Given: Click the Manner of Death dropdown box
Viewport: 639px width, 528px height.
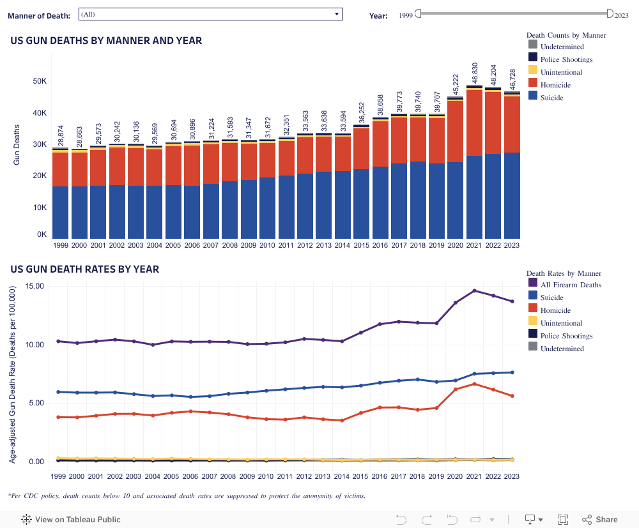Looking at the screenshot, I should (210, 14).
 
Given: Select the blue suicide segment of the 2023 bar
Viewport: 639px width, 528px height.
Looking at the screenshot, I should (512, 195).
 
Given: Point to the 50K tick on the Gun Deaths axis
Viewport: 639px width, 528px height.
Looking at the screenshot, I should (40, 82).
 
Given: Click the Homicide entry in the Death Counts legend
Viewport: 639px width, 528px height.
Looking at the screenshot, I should (555, 85).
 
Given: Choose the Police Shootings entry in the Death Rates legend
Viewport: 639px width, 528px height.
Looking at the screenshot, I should (566, 336).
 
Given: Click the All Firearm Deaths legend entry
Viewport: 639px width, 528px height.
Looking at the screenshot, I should (571, 285).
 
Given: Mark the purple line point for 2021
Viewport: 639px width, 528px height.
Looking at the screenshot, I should (474, 290).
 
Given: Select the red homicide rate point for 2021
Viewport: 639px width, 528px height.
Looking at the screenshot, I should (474, 384).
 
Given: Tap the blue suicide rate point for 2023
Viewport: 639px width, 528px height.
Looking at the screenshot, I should (512, 372).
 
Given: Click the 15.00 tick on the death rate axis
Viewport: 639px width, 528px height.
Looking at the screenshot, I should (35, 286).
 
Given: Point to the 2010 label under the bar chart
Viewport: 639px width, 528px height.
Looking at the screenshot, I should (268, 245).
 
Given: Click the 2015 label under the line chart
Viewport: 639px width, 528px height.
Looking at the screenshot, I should (361, 476).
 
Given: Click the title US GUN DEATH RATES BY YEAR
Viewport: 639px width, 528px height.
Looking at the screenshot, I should (84, 269).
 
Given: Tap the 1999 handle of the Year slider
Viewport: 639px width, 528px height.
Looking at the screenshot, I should (418, 13).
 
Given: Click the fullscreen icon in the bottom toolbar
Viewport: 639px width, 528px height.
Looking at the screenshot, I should (563, 520).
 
